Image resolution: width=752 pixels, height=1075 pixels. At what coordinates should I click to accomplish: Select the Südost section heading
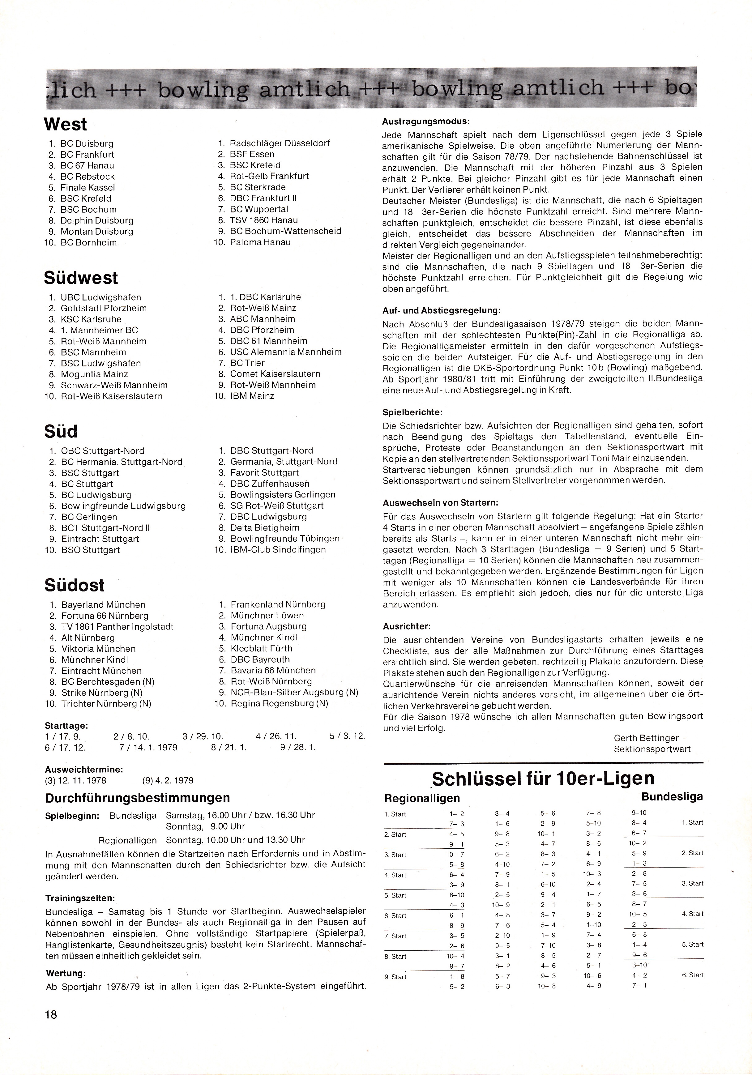coord(75,585)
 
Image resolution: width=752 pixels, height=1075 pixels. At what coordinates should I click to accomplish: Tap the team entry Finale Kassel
coord(88,188)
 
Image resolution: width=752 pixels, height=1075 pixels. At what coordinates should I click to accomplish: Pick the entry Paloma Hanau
coord(260,242)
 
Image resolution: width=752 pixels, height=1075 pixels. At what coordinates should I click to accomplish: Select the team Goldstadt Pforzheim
coord(104,308)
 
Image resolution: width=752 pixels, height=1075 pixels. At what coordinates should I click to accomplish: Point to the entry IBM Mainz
coord(252,396)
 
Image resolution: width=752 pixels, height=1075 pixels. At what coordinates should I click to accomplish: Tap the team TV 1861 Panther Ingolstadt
coord(117,626)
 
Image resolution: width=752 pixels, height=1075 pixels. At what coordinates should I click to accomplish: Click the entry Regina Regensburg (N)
coord(279,703)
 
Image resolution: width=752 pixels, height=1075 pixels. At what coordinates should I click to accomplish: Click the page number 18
coord(51,1014)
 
